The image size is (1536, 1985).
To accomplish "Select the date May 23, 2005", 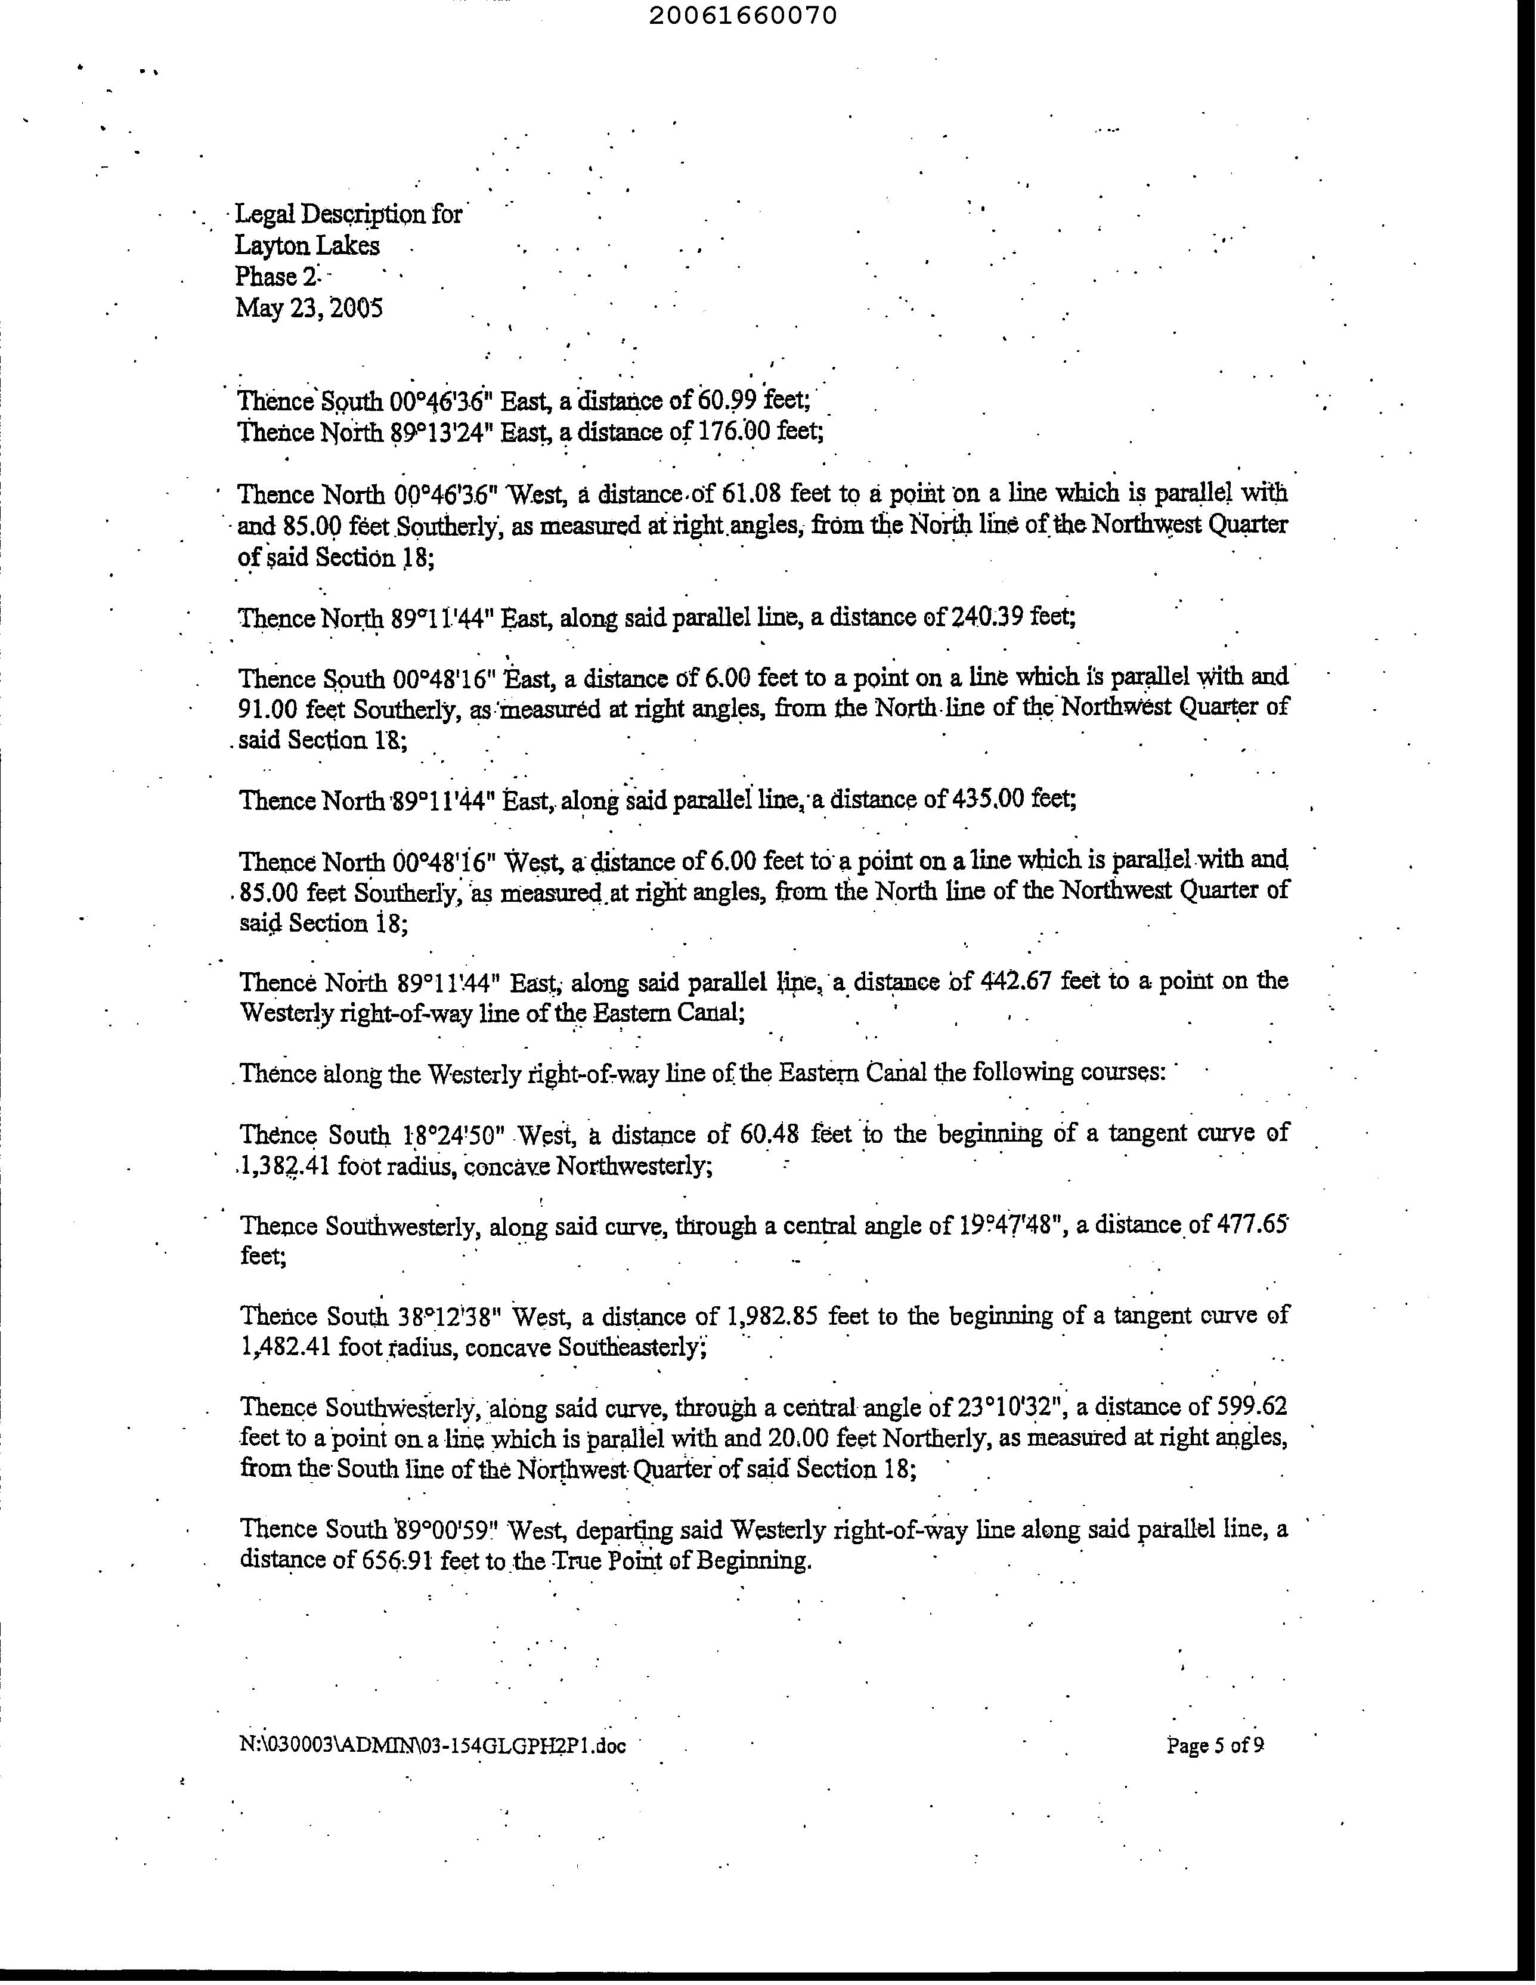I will click(308, 308).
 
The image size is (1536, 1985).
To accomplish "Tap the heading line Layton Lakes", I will click(307, 245).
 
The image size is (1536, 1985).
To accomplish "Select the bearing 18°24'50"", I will click(453, 1135).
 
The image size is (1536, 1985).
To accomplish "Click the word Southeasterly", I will click(630, 1348).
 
